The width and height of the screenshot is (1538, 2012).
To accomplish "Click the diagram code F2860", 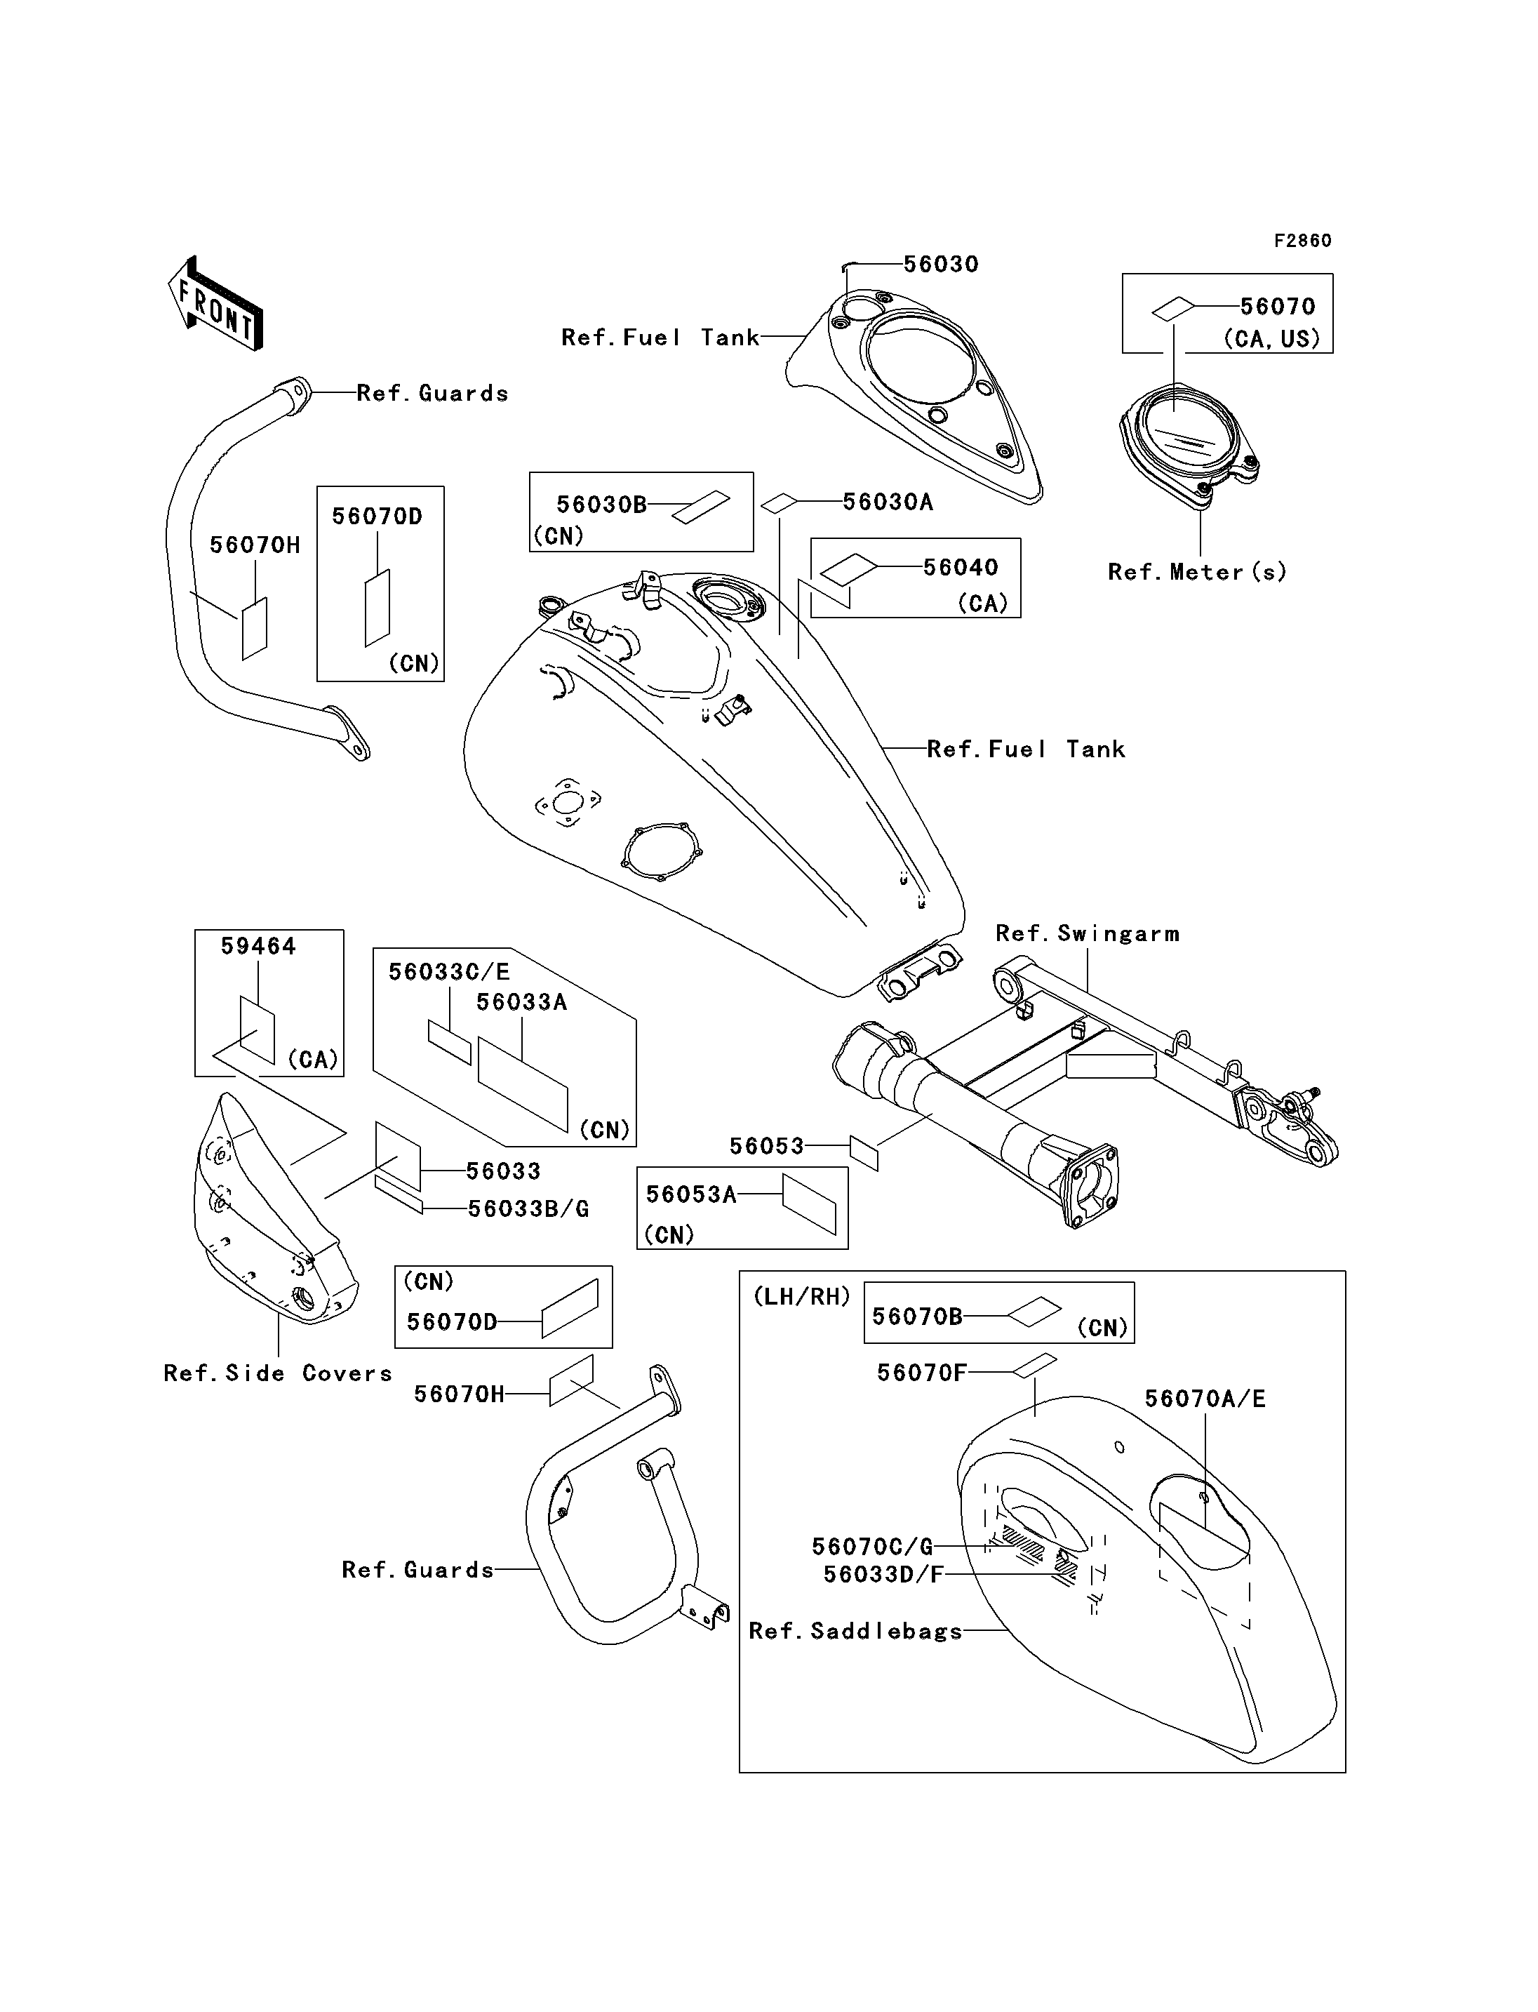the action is (x=1303, y=241).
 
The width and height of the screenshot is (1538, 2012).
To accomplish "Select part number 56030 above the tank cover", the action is (x=941, y=265).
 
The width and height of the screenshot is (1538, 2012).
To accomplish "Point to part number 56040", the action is (x=961, y=568).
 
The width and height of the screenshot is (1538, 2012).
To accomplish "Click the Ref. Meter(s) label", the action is (x=1198, y=573).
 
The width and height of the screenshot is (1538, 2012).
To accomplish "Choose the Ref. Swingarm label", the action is (x=1088, y=934).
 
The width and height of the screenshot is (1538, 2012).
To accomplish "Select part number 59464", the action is (x=258, y=947).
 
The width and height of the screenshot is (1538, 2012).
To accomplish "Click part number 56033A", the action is (x=522, y=1003).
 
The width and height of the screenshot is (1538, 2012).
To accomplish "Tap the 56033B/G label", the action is (x=528, y=1210).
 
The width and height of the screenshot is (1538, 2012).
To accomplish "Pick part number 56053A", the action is (x=691, y=1195).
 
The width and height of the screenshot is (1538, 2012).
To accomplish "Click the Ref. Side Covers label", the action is (x=277, y=1373).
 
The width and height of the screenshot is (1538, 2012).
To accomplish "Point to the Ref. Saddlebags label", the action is (x=856, y=1632).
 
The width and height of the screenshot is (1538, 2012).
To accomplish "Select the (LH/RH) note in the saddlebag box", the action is (x=802, y=1297).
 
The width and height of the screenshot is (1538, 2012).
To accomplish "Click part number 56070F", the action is (x=922, y=1373).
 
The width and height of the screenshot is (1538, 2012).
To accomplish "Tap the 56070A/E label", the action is (x=1205, y=1399).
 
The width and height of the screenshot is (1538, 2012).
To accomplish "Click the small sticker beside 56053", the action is (x=864, y=1153).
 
